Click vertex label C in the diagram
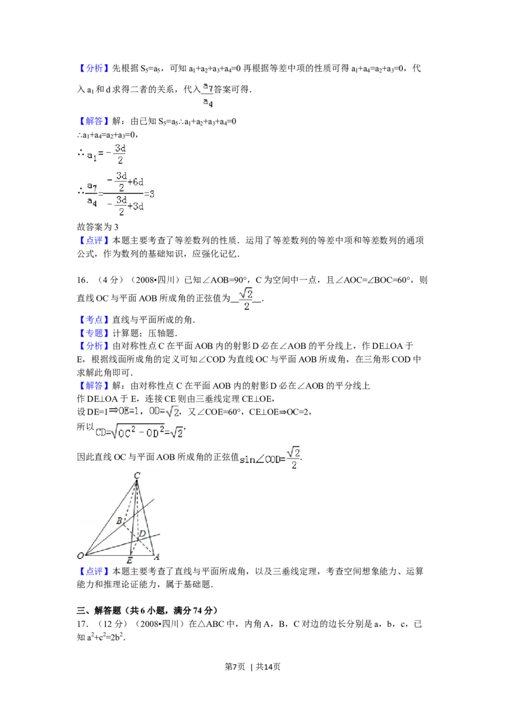pyautogui.click(x=137, y=475)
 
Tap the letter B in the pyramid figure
pyautogui.click(x=119, y=520)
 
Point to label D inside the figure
pyautogui.click(x=143, y=534)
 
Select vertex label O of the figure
pyautogui.click(x=81, y=556)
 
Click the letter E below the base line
pyautogui.click(x=129, y=561)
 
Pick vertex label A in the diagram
pyautogui.click(x=156, y=556)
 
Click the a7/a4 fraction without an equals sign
pyautogui.click(x=207, y=93)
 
